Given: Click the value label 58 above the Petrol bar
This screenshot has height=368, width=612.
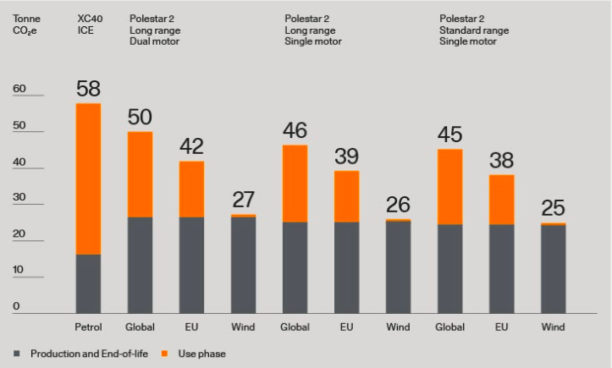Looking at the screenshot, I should point(88,89).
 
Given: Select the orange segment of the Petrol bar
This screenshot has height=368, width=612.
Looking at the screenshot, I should point(88,178).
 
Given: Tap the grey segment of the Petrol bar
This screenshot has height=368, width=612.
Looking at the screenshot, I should point(88,283).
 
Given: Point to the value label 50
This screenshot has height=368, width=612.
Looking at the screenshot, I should point(140,118).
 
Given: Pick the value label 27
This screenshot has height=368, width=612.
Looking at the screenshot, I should point(243,200).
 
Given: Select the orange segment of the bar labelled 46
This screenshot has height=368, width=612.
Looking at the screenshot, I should point(295,184).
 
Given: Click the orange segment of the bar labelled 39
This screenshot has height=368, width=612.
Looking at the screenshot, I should point(346,196).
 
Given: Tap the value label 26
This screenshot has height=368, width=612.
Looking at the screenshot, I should point(398,206).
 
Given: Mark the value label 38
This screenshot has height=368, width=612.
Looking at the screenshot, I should point(501,161).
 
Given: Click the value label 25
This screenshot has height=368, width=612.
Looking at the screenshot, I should point(553,209).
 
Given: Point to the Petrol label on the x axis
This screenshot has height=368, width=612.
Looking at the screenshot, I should point(88,327).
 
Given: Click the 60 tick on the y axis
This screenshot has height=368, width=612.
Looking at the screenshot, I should point(19,89).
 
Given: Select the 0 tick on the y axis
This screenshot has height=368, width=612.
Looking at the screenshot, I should point(15,307).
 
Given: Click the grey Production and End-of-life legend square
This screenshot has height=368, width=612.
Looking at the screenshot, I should point(17,353).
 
